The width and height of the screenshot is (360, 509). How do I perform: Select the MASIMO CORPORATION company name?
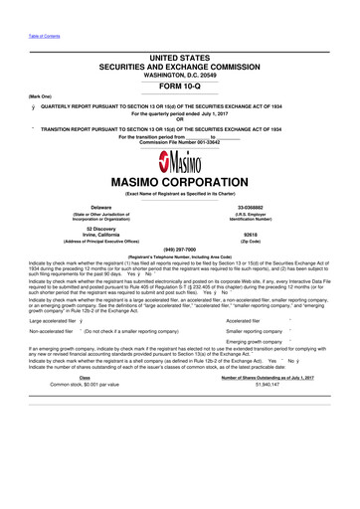pyautogui.click(x=179, y=184)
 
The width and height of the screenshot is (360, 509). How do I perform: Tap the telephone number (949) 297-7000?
pyautogui.click(x=179, y=250)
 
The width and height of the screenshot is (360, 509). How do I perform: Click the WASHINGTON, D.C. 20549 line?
pyautogui.click(x=179, y=73)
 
